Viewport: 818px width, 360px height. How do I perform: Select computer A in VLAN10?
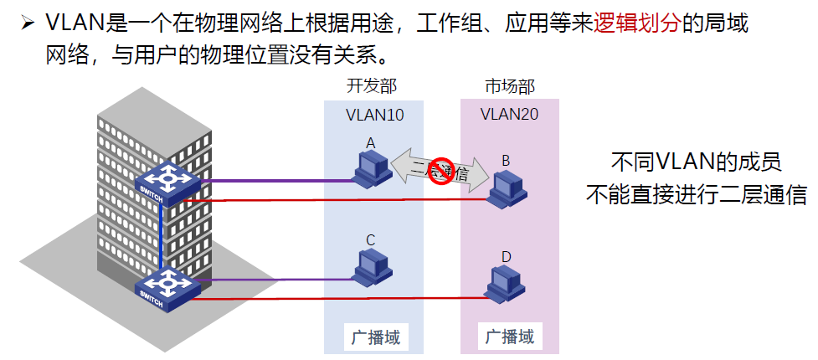[x=371, y=169]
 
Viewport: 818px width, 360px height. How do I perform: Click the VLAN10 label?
[x=374, y=115]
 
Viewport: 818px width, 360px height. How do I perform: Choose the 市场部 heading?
[x=509, y=86]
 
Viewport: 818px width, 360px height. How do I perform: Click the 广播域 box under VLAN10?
[x=373, y=338]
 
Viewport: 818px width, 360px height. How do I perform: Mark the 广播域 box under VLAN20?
[x=510, y=337]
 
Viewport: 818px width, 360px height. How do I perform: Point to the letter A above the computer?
[x=370, y=143]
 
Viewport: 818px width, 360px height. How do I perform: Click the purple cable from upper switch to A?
[x=276, y=179]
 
